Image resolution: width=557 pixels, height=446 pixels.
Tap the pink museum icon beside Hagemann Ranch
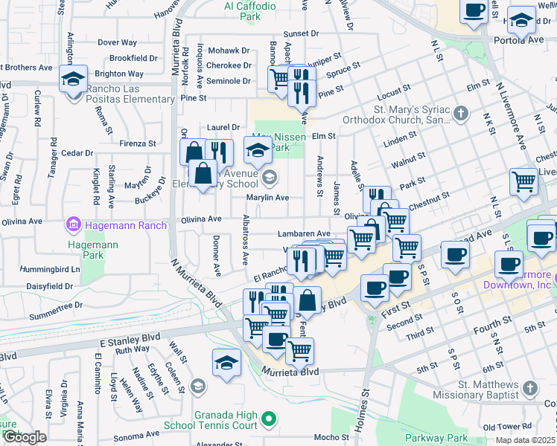point(73,224)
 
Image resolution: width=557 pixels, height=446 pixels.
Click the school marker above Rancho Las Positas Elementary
point(74,79)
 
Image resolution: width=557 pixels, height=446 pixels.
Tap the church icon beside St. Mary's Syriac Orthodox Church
point(461,114)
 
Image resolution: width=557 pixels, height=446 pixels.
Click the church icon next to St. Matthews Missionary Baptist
point(529,389)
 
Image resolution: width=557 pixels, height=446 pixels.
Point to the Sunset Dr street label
point(300,33)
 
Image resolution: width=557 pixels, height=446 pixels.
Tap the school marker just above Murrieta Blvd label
point(226,363)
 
